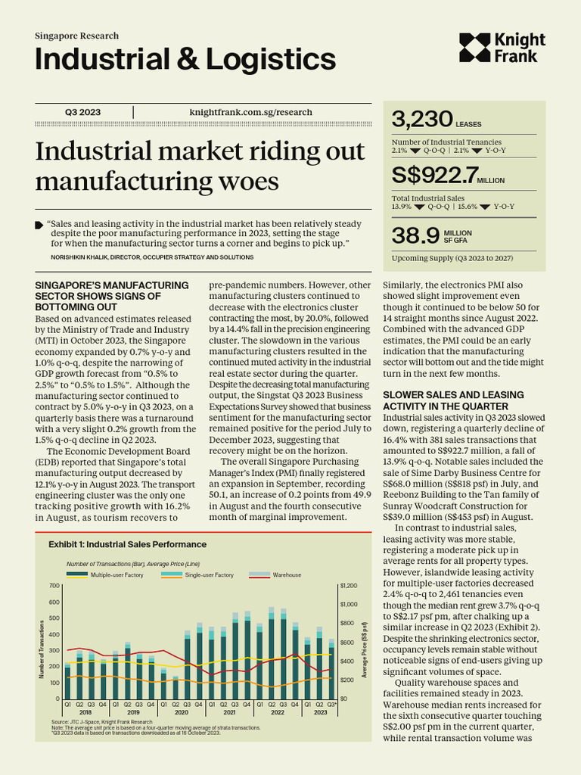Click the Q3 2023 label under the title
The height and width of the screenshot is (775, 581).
pyautogui.click(x=82, y=112)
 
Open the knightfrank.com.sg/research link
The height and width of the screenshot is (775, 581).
pyautogui.click(x=250, y=112)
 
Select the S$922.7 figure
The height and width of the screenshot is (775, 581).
pyautogui.click(x=434, y=176)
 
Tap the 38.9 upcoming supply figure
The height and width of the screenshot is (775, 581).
pyautogui.click(x=415, y=235)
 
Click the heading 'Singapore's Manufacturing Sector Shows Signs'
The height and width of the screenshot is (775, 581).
pyautogui.click(x=112, y=296)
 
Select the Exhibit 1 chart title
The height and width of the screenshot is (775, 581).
pyautogui.click(x=127, y=544)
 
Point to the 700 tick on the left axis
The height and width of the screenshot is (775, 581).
pyautogui.click(x=54, y=586)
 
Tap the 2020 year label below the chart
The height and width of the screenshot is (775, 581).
pyautogui.click(x=181, y=713)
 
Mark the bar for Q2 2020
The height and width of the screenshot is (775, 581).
pyautogui.click(x=176, y=688)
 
